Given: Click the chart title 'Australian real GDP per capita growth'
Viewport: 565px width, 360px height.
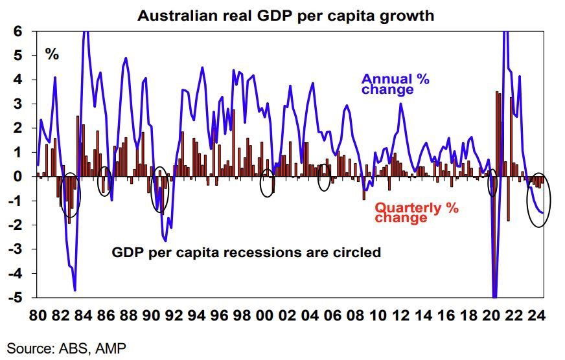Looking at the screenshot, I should (286, 15).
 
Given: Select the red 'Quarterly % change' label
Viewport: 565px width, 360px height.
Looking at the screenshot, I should (417, 213).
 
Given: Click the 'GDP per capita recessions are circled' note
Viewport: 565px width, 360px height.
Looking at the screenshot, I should (246, 252).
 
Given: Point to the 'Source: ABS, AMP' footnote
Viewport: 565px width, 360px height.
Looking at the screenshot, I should (67, 348).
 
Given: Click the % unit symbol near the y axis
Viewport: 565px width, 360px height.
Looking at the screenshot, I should (52, 54).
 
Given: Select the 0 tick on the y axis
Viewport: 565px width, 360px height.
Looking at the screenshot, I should (19, 177).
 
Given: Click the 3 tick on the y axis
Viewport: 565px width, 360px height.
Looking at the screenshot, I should (19, 104).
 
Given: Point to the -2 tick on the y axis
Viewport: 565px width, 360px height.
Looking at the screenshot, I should (17, 225).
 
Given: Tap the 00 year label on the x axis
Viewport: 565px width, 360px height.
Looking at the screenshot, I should (265, 317).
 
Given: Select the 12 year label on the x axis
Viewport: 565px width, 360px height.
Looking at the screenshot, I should (400, 317).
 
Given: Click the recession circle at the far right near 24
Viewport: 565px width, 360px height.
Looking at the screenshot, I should (539, 201).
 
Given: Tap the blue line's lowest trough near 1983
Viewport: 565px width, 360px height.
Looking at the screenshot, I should (75, 290).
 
